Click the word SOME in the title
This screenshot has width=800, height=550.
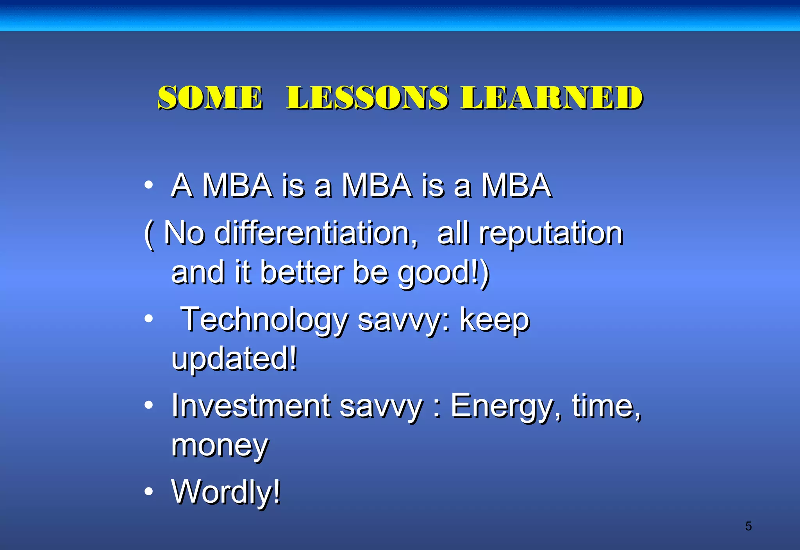pyautogui.click(x=210, y=98)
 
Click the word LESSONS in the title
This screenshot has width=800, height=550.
pyautogui.click(x=367, y=98)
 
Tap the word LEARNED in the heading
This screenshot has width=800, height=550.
pyautogui.click(x=552, y=98)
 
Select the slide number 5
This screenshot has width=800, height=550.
pyautogui.click(x=748, y=526)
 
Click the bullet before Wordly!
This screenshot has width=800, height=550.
pyautogui.click(x=148, y=491)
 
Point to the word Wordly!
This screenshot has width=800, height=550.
pyautogui.click(x=226, y=492)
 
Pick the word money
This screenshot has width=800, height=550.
pyautogui.click(x=220, y=446)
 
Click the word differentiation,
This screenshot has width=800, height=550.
pyautogui.click(x=316, y=233)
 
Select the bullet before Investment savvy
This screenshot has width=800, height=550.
pyautogui.click(x=148, y=405)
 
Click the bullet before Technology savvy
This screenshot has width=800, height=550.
pyautogui.click(x=148, y=319)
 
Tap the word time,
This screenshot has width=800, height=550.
pyautogui.click(x=607, y=406)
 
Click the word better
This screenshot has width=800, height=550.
pyautogui.click(x=302, y=272)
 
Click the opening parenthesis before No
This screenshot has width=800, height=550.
pyautogui.click(x=148, y=234)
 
